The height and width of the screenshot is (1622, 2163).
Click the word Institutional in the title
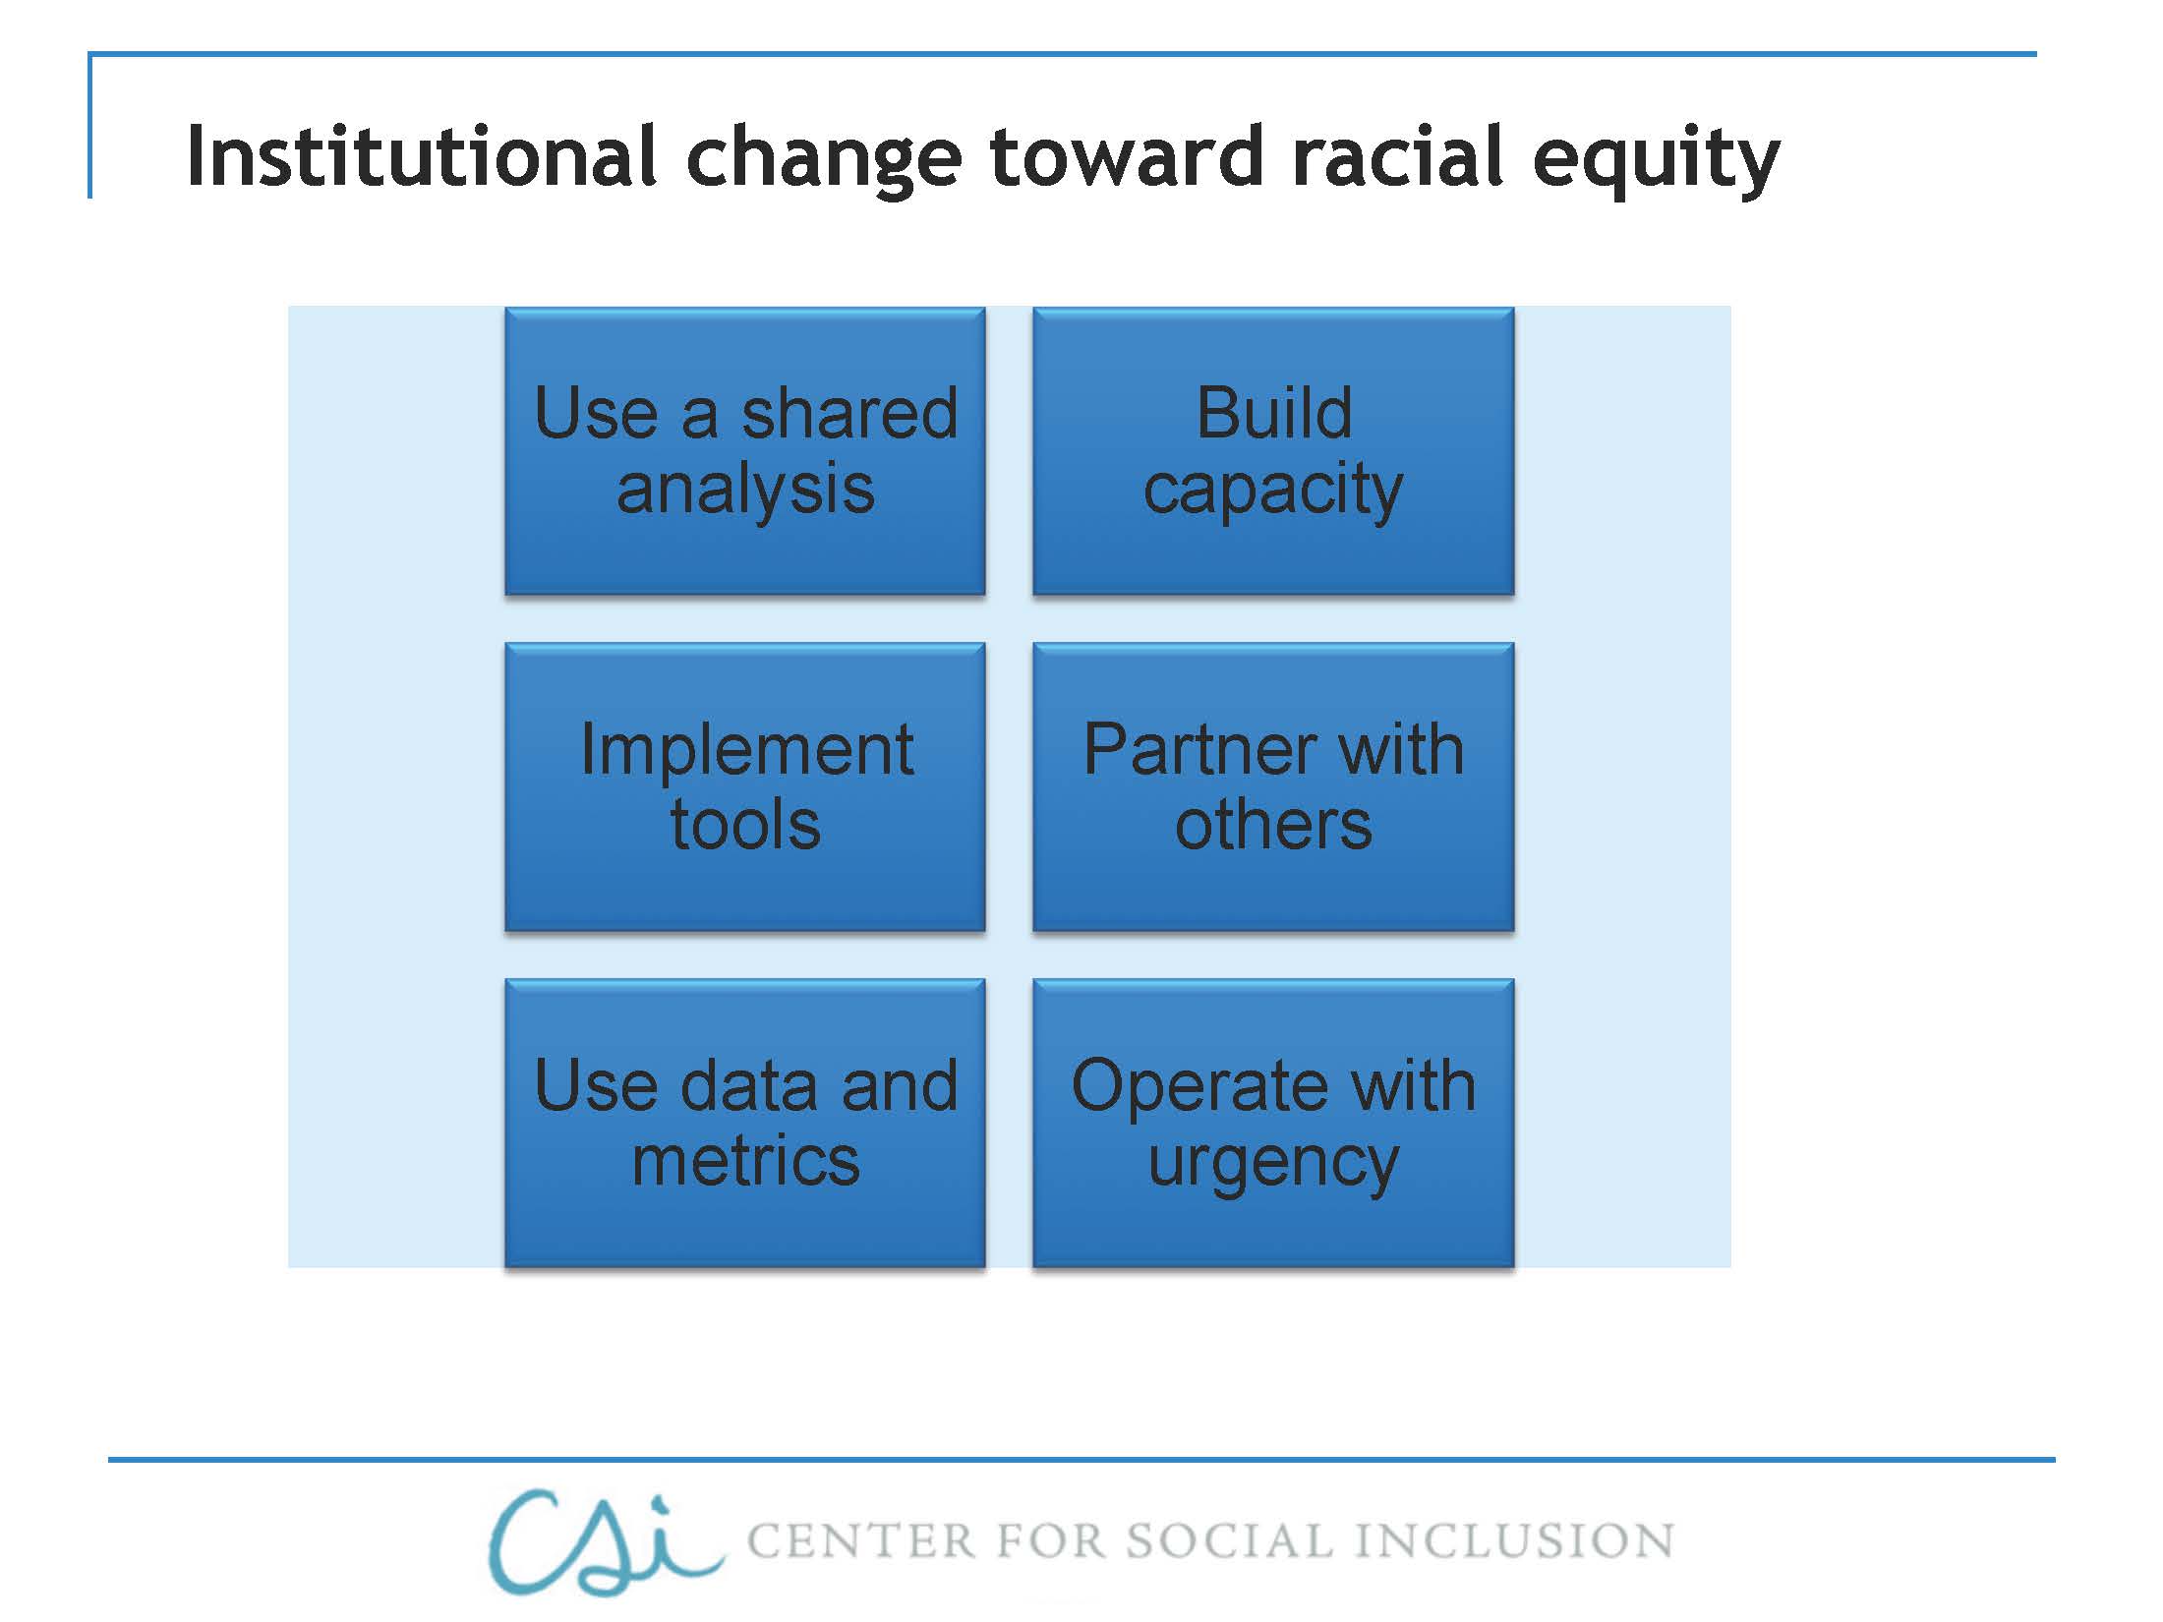click(x=421, y=157)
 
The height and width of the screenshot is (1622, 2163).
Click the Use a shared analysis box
click(x=745, y=451)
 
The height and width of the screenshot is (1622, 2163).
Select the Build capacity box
click(x=1273, y=451)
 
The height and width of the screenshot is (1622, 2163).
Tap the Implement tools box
click(x=745, y=786)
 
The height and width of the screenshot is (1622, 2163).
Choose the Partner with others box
click(x=1273, y=786)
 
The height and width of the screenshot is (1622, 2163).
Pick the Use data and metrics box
click(x=745, y=1123)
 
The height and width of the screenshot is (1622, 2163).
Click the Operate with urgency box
click(x=1273, y=1123)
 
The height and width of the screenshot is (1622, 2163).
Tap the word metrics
click(x=745, y=1162)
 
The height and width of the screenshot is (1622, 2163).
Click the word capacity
click(x=1273, y=492)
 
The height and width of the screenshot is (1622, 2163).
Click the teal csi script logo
click(x=600, y=1541)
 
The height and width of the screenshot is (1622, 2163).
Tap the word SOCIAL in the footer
click(x=1229, y=1541)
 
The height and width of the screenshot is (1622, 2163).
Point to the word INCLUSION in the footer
click(x=1514, y=1541)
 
